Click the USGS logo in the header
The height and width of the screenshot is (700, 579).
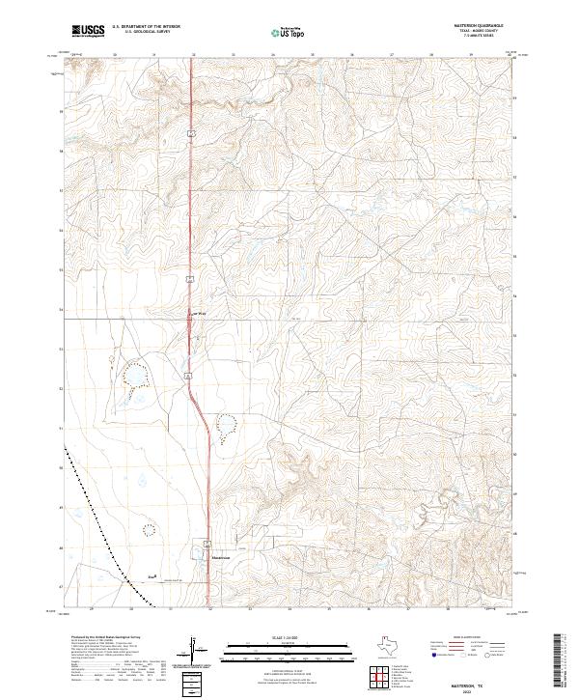89,31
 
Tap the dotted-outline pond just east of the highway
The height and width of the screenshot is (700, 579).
226,423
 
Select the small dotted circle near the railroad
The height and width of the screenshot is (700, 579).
149,528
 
